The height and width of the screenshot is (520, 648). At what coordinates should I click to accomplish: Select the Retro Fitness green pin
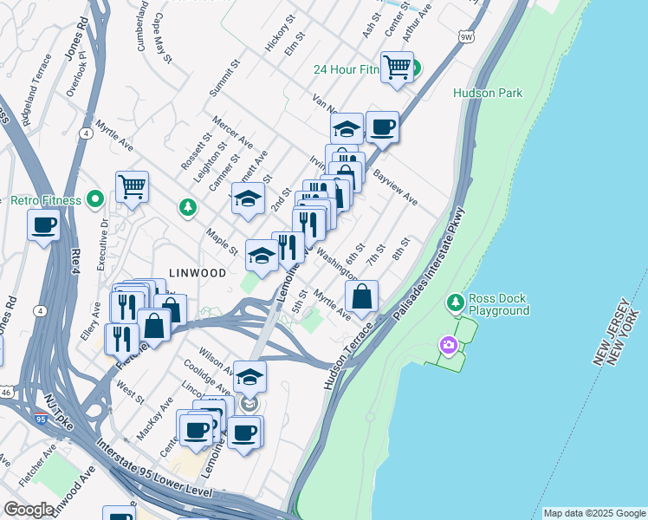(x=95, y=200)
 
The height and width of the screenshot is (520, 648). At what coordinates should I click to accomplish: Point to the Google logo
(x=29, y=510)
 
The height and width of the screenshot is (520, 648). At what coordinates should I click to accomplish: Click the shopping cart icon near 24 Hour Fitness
(x=397, y=67)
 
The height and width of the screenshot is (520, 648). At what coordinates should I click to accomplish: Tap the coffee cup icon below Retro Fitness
(x=43, y=226)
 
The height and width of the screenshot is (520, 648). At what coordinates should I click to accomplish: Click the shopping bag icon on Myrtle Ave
(x=362, y=296)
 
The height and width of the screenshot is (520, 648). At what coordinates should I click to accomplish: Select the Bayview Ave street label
(x=396, y=188)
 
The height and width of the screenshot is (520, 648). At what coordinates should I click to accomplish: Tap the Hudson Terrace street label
(x=348, y=356)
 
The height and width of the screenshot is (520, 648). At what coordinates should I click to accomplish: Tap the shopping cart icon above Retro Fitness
(x=132, y=185)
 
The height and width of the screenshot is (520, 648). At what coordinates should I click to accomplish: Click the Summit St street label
(x=223, y=80)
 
